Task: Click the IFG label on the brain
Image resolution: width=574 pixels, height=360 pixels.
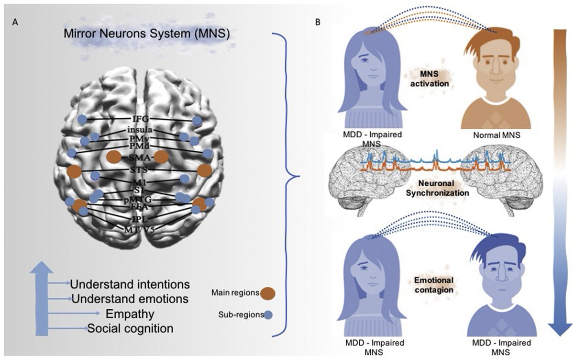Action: pyautogui.click(x=140, y=118)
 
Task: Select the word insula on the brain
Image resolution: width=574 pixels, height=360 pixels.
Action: pyautogui.click(x=139, y=130)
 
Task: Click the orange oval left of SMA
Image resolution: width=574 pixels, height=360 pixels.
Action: pyautogui.click(x=114, y=157)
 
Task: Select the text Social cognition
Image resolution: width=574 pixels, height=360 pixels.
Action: pyautogui.click(x=130, y=329)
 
